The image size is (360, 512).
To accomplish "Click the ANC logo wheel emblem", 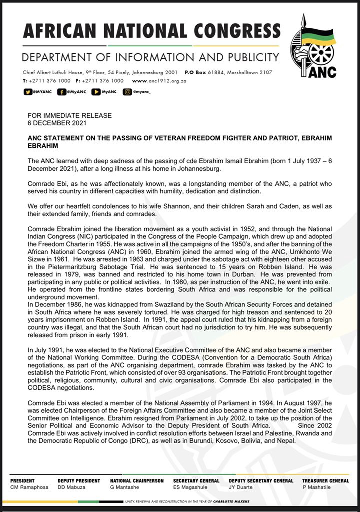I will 321,54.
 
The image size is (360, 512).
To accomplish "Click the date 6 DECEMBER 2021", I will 56,122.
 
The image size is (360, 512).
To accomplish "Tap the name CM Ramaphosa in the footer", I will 29,487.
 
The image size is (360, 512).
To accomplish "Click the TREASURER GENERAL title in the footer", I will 326,480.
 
